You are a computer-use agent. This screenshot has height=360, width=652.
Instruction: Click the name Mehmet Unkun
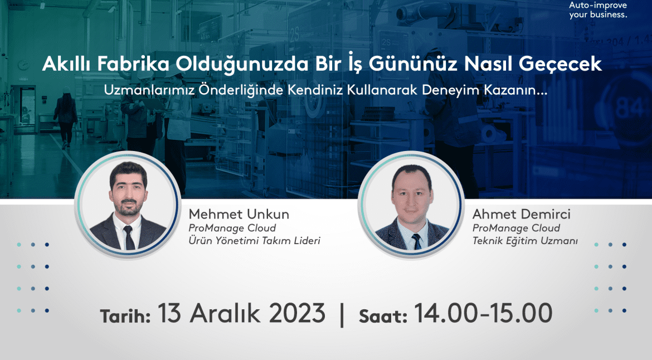(x=239, y=215)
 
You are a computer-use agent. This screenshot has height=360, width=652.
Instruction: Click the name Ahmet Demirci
(x=521, y=215)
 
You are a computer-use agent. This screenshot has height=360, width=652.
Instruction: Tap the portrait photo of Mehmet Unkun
(x=128, y=205)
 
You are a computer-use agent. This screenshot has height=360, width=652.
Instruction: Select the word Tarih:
(x=125, y=316)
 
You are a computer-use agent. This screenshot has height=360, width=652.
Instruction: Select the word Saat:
(x=383, y=316)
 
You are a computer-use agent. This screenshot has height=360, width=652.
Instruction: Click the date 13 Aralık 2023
(x=242, y=313)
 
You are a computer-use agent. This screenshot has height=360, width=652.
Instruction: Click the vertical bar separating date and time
(x=342, y=314)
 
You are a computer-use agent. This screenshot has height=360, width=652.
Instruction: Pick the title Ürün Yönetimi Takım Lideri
(x=254, y=241)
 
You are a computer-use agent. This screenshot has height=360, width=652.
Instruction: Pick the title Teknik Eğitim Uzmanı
(x=524, y=241)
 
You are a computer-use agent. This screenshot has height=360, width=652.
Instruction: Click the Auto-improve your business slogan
(x=598, y=10)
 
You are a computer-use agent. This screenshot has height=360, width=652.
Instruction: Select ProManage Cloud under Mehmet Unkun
(x=232, y=228)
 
